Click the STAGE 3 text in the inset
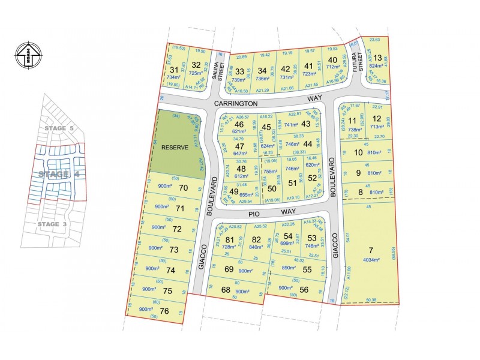(x=58, y=224)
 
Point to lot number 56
(x=304, y=290)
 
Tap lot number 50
(x=272, y=189)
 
